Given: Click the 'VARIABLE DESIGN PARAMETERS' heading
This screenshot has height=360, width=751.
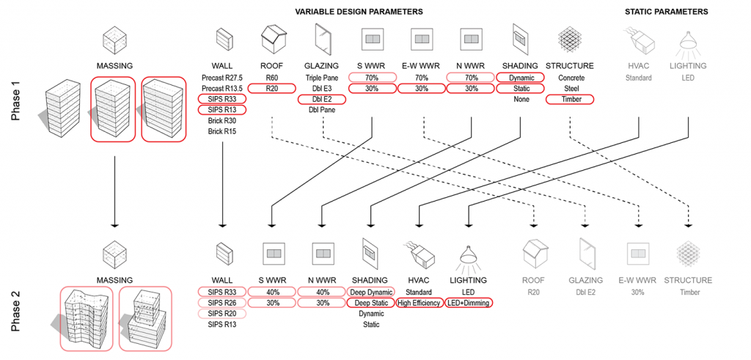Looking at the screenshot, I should coord(359,12).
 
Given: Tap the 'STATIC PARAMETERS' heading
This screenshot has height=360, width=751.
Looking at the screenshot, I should coord(666,12).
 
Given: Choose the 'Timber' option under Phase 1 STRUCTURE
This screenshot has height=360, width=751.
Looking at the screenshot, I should coord(570,99).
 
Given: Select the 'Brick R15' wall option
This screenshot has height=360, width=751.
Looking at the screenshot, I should coord(221,131).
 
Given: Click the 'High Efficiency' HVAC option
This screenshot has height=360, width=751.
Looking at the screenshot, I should coord(419,303).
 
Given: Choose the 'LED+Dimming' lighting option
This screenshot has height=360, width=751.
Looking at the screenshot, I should coord(468,303).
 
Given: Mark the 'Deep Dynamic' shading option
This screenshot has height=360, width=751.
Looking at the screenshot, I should coord(370,292).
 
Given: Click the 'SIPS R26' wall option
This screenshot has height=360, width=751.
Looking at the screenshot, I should coord(221,303).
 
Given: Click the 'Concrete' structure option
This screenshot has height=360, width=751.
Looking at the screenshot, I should coord(570,77).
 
